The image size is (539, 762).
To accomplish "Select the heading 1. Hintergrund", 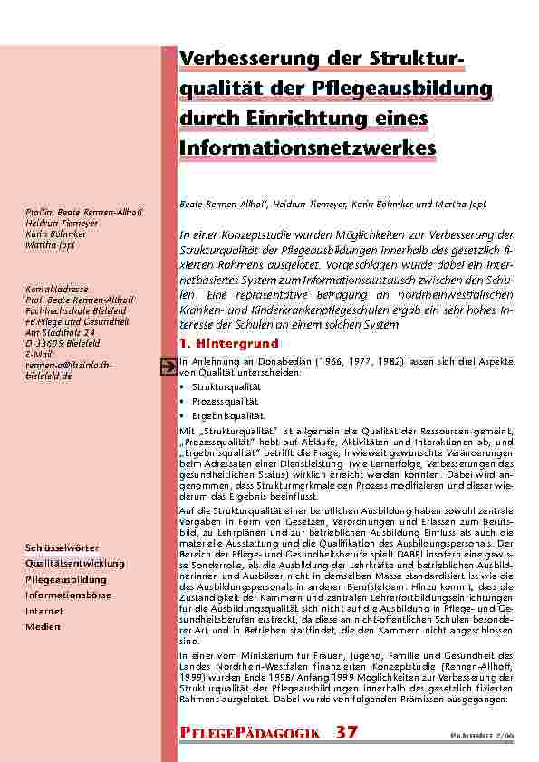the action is [229, 344].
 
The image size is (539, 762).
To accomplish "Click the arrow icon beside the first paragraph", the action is [167, 365].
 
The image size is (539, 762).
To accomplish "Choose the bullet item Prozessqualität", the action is [222, 399].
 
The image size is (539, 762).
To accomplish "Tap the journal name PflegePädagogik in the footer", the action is [250, 732].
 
